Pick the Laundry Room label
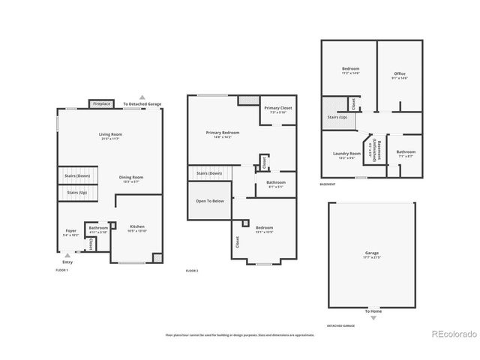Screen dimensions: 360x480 (x=346, y=154)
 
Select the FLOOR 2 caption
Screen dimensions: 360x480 (x=193, y=270)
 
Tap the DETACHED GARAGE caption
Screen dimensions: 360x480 (x=340, y=326)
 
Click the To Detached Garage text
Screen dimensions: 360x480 (x=142, y=104)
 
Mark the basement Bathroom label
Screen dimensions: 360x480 (x=406, y=153)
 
